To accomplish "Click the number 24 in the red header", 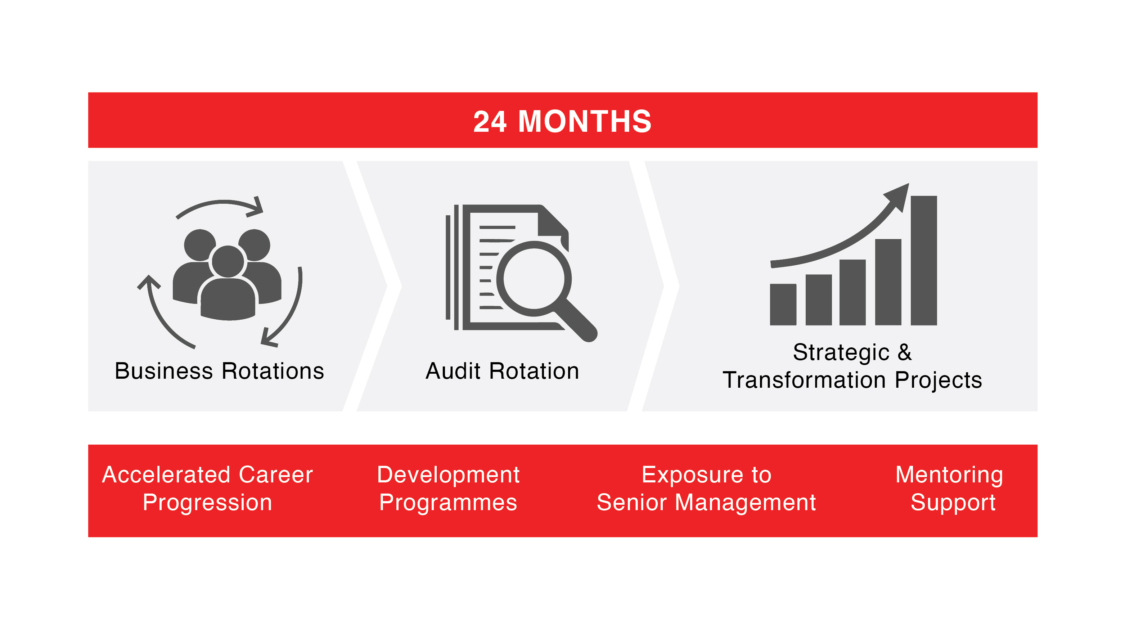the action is [x=490, y=121].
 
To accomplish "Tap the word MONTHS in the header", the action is [x=585, y=121].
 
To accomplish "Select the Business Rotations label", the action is [x=219, y=371].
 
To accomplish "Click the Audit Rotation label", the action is [x=502, y=371].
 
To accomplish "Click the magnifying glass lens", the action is [x=534, y=279].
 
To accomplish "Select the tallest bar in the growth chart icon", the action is [x=924, y=261].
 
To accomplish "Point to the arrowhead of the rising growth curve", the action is [x=900, y=196].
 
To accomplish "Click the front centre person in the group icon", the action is [x=228, y=284].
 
